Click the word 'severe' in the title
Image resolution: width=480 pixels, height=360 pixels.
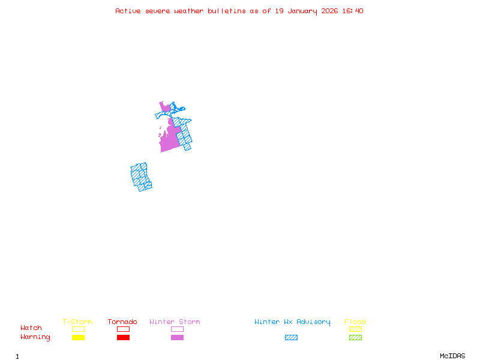tap(157, 11)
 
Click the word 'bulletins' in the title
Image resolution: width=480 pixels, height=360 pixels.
tap(227, 11)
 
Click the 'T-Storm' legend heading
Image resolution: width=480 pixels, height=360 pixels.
tap(77, 322)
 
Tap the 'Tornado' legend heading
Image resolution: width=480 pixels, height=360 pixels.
tap(122, 322)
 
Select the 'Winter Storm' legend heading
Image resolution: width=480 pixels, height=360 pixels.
tap(175, 322)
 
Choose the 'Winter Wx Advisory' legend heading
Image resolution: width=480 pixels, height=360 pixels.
tap(292, 322)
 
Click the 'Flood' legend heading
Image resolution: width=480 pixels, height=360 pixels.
tap(355, 322)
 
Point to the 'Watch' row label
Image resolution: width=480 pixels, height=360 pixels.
tap(31, 328)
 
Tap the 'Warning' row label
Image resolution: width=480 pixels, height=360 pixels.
tap(35, 337)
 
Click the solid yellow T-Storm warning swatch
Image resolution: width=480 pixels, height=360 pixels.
tap(78, 337)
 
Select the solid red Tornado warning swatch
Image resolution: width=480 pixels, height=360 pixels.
tap(123, 337)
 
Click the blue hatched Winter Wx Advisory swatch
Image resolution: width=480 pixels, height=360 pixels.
tap(291, 337)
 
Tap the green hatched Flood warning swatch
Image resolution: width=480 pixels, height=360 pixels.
tap(355, 337)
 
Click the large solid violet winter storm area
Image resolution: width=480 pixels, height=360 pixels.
tap(169, 140)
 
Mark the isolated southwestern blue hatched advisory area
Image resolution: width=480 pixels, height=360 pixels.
tap(140, 176)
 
